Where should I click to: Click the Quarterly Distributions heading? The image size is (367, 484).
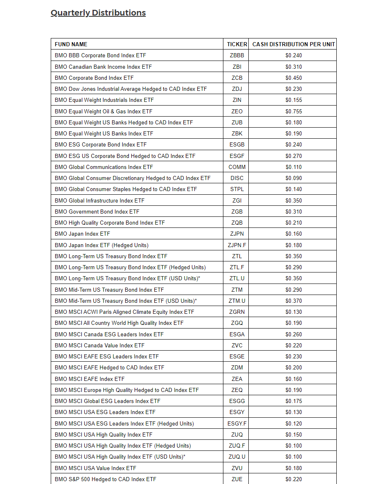(x=98, y=13)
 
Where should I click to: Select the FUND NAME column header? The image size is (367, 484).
(x=71, y=44)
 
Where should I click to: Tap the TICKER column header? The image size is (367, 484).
(x=237, y=44)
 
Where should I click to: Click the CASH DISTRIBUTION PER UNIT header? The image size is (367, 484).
(x=293, y=44)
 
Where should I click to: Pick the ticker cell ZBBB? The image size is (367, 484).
(x=237, y=55)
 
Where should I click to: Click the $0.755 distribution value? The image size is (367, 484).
(x=293, y=111)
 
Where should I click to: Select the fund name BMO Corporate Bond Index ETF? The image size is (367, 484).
(x=94, y=78)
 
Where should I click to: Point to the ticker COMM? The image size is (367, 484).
(x=237, y=167)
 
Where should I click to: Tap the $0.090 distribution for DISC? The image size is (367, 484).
(x=293, y=178)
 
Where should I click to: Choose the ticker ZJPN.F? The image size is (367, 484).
(x=237, y=245)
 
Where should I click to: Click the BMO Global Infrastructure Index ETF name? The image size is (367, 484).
(x=99, y=200)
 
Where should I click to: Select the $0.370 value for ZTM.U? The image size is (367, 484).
(x=293, y=301)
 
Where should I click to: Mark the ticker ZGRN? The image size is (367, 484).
(x=237, y=312)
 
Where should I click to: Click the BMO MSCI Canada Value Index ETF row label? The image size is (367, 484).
(x=99, y=345)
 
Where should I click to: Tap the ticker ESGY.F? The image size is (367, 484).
(x=237, y=423)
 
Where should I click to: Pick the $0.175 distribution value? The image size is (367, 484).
(x=293, y=401)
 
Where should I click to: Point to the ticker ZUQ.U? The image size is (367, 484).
(x=237, y=457)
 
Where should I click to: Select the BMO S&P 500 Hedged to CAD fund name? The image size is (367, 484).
(x=105, y=479)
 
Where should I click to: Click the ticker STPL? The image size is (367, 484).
(x=237, y=189)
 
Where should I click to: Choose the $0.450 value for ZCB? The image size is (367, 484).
(x=293, y=78)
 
